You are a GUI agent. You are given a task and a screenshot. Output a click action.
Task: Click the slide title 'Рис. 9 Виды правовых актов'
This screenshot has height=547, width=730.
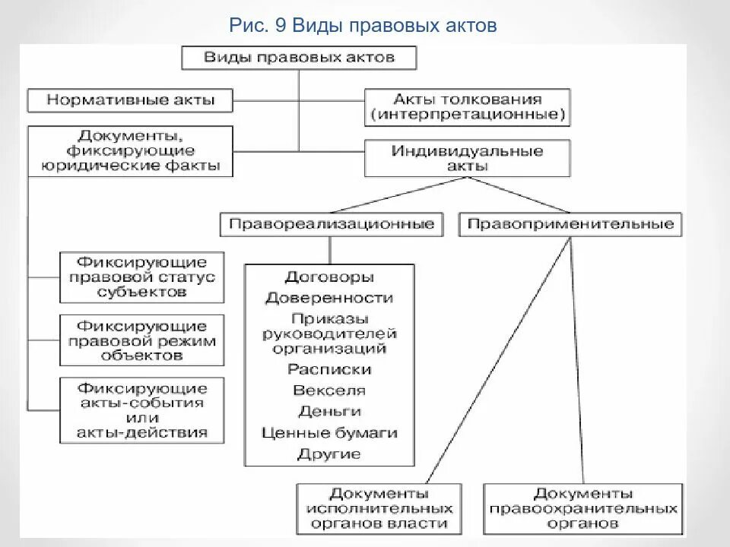point(363,27)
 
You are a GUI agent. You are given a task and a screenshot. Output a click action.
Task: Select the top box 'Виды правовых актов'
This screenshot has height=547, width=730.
point(299,58)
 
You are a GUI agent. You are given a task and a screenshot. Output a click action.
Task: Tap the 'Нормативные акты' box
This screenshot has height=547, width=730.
point(131,100)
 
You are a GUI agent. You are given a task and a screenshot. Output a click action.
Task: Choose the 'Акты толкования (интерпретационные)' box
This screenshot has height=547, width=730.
point(467,108)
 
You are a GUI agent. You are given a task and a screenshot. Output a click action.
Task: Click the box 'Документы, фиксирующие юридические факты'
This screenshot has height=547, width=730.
point(131,151)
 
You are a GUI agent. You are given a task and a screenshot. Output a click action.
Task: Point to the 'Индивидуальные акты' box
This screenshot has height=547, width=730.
point(467,158)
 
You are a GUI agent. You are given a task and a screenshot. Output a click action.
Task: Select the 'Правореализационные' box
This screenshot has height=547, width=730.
point(332,224)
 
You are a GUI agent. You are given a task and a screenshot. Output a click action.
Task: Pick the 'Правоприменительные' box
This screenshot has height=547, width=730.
point(570,224)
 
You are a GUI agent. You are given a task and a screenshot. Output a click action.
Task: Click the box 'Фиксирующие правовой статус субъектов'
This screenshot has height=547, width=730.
point(142,277)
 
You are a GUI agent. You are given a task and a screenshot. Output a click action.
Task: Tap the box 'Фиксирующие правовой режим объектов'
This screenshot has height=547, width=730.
point(142,340)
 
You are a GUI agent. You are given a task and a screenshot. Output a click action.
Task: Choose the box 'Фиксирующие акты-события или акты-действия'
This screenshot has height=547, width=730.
point(142,409)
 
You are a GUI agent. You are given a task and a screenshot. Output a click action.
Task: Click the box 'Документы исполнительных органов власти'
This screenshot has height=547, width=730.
point(378,508)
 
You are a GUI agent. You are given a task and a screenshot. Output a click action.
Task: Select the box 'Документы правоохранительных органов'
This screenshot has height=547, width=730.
point(582,508)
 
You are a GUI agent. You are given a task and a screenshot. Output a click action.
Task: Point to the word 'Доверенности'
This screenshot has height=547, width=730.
point(329,299)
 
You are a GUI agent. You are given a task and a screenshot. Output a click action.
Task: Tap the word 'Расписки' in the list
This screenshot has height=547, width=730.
point(329,370)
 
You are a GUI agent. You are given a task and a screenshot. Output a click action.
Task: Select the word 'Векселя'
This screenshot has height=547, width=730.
point(329,390)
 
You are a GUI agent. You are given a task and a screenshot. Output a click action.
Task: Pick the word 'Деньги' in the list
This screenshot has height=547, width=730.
point(329,412)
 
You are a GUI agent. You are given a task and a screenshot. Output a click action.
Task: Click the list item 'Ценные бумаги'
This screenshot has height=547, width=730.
point(329,433)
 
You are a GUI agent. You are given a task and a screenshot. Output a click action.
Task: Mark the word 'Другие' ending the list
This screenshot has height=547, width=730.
point(329,454)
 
